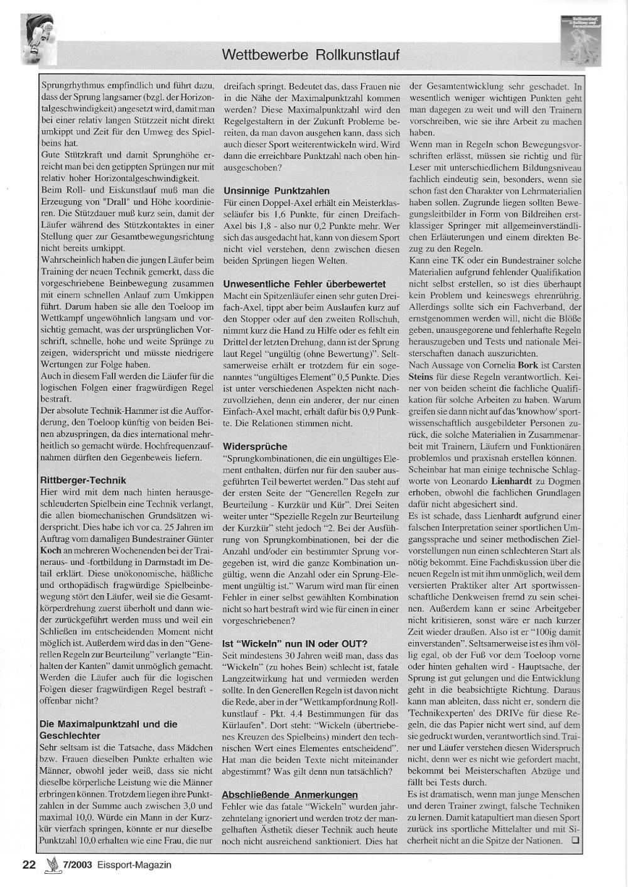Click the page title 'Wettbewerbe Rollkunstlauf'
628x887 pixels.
click(310, 55)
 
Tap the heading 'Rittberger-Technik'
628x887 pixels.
click(83, 481)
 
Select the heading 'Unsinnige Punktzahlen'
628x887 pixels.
click(276, 190)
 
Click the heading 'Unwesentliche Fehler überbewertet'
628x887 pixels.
click(305, 284)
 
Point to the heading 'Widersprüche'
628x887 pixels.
click(255, 447)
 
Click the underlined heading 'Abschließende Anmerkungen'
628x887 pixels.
click(290, 795)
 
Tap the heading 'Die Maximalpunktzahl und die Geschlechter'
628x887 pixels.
click(108, 729)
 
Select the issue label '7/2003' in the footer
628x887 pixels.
click(77, 865)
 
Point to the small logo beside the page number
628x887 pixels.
click(51, 865)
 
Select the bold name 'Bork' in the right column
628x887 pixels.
click(527, 364)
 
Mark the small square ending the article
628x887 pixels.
click(575, 840)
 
